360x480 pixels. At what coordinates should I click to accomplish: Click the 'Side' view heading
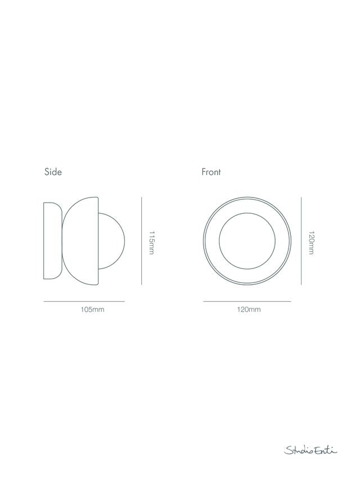(53, 172)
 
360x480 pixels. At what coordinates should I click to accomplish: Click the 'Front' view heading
(211, 172)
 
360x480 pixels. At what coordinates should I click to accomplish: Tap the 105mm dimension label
(92, 309)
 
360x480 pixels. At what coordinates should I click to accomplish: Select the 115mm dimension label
(151, 243)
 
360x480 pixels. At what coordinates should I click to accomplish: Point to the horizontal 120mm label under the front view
(249, 309)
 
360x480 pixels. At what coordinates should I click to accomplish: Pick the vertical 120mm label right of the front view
(311, 243)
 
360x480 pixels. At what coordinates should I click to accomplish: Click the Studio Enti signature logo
(310, 450)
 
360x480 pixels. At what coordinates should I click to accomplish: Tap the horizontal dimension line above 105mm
(84, 302)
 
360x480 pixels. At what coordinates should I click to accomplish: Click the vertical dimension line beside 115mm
(141, 241)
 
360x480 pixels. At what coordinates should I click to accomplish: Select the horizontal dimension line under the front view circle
(247, 302)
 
